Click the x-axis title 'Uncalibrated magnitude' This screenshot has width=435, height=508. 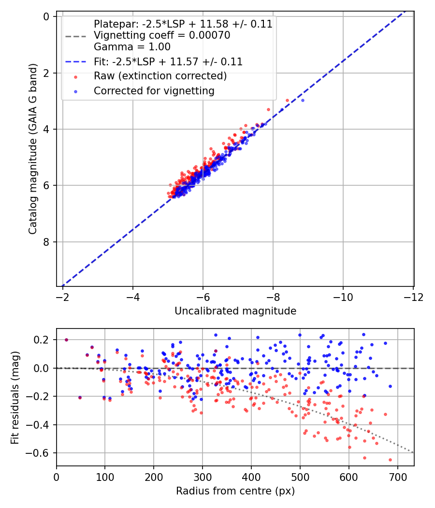point(235,311)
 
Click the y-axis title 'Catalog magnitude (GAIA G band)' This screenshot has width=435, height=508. point(33,149)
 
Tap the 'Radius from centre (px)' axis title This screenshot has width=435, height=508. point(235,491)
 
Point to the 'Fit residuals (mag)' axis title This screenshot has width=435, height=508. point(15,398)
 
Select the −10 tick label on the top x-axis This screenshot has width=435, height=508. point(343,297)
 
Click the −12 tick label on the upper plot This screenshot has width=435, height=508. point(413,297)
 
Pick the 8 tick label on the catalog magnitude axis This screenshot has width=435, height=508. point(46,242)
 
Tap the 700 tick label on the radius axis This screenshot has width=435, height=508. point(397,477)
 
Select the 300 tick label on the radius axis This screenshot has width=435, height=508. point(203,477)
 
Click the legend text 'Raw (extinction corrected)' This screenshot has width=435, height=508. point(160,76)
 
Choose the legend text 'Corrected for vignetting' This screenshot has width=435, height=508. point(154,91)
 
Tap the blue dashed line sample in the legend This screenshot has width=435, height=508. point(76,61)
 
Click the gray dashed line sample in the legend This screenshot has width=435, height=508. point(76,36)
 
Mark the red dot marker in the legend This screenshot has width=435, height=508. point(76,77)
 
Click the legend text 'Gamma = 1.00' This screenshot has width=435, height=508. point(132,47)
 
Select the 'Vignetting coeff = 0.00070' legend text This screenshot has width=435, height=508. point(162,35)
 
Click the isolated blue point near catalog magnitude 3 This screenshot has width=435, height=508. point(303,101)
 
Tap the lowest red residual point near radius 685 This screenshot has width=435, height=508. point(391,460)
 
